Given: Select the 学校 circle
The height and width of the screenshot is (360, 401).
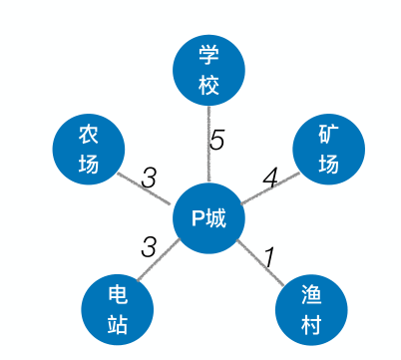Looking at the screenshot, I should click(208, 71).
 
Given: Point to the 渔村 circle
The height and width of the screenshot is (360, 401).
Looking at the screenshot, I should click(311, 308).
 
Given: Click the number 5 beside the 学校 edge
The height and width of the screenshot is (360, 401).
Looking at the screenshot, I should click(217, 141).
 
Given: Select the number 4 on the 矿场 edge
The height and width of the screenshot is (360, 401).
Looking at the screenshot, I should click(269, 179).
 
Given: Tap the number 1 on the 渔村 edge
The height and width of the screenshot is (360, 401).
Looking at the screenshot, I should click(267, 256).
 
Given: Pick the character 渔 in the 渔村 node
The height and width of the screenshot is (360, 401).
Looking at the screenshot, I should click(311, 295).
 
